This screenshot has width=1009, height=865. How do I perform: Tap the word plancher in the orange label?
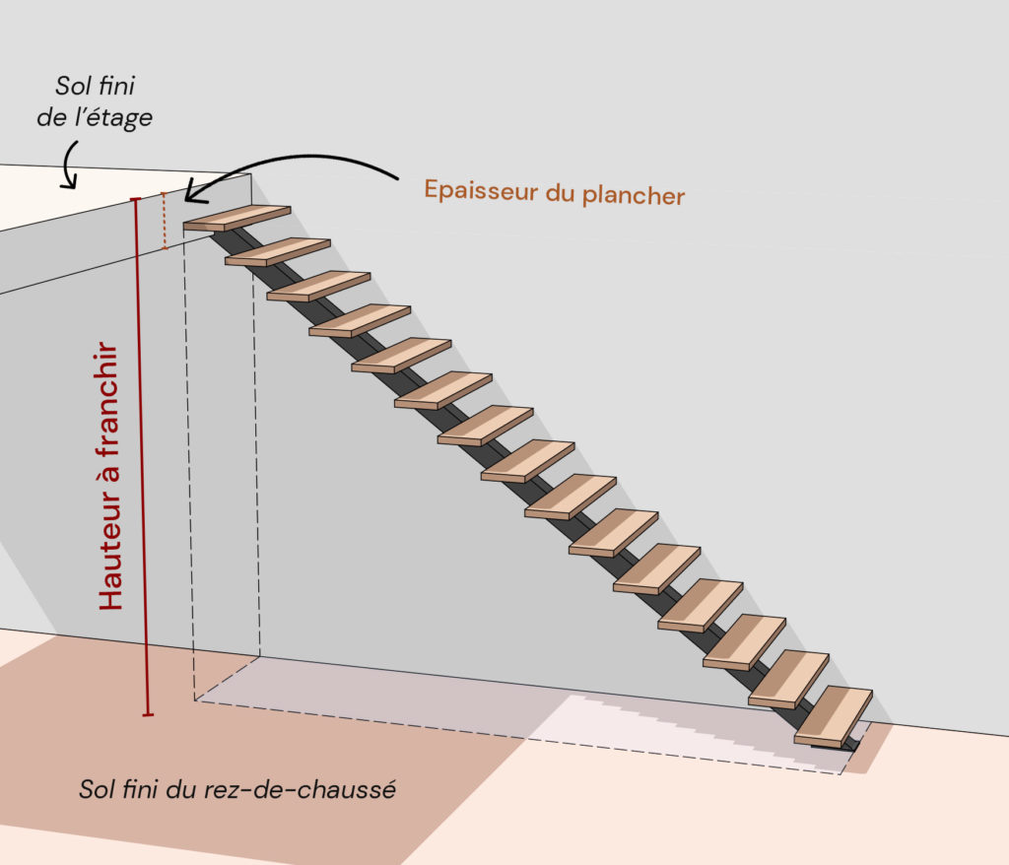coord(634,195)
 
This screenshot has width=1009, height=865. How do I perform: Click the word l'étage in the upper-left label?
coord(116,117)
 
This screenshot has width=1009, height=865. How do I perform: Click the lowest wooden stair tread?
coord(834,715)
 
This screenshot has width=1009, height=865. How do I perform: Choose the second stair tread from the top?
coord(278,251)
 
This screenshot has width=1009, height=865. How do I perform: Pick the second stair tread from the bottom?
coord(789,679)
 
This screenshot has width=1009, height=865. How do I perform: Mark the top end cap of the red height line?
coord(135,200)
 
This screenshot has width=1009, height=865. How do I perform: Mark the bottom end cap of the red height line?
coord(148,713)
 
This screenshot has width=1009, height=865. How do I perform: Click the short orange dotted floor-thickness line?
coord(165,222)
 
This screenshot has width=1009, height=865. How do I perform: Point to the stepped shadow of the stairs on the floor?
coord(690,729)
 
